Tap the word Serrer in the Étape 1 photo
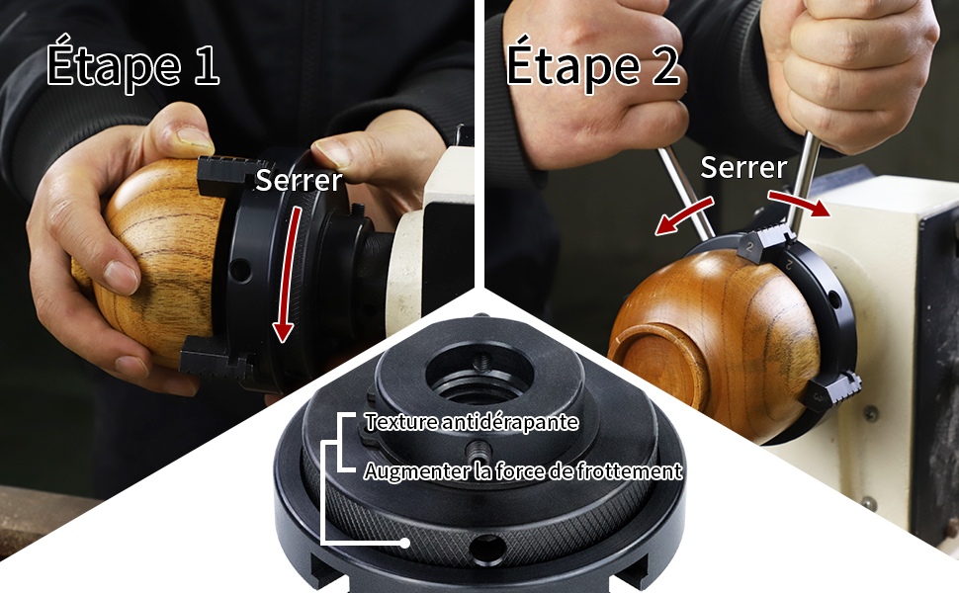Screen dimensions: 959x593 pyautogui.click(x=300, y=180)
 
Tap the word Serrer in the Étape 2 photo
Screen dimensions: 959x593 pyautogui.click(x=743, y=167)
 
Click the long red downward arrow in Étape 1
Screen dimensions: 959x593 pyautogui.click(x=289, y=274)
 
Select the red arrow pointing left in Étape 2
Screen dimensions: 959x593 pyautogui.click(x=684, y=215)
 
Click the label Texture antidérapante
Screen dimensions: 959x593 pyautogui.click(x=471, y=422)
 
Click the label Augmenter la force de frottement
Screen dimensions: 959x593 pyautogui.click(x=523, y=471)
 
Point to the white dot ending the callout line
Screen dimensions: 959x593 pyautogui.click(x=405, y=543)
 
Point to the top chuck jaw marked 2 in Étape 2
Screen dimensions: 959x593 pyautogui.click(x=764, y=241)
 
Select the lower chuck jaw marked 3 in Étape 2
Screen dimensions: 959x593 pyautogui.click(x=831, y=390)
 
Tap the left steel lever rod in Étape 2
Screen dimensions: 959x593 pyautogui.click(x=686, y=193)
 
